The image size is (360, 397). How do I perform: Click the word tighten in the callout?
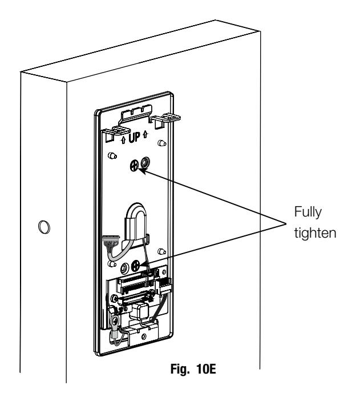coord(315,232)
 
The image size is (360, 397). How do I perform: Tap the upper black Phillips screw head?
coord(134,166)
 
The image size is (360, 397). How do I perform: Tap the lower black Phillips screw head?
coord(136,265)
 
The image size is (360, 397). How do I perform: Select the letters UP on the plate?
coord(134,138)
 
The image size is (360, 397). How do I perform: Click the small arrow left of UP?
coord(123,140)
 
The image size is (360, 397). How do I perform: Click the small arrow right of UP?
coord(145,134)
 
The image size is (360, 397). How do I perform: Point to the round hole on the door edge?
coord(44,227)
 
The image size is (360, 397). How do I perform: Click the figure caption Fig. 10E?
coord(193,369)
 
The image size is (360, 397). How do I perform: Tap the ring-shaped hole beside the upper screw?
coord(145,162)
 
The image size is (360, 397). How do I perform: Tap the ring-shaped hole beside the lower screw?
coord(124,268)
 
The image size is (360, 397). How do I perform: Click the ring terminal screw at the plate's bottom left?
coord(115,322)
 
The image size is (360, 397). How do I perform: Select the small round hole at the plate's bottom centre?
coord(144,336)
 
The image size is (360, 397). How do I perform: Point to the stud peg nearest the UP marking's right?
coord(162,143)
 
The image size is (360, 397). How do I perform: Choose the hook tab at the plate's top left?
coord(116,133)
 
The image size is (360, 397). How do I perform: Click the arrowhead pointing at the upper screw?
coord(141,171)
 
